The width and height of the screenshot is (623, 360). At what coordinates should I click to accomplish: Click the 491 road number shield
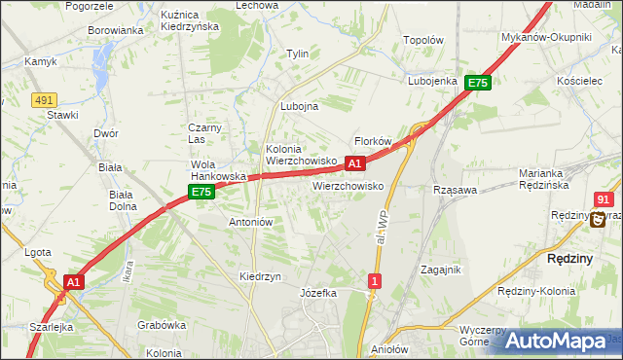point(43,99)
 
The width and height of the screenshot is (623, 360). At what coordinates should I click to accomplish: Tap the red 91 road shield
point(604,198)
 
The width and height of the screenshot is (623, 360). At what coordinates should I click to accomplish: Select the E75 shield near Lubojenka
point(477,84)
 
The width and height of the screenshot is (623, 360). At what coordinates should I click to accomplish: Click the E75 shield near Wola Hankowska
point(202,193)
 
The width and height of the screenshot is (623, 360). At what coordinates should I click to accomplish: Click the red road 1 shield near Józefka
point(374,280)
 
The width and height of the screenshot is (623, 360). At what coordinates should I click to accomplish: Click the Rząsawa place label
point(455,190)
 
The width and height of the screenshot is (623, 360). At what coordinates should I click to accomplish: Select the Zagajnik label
point(440,270)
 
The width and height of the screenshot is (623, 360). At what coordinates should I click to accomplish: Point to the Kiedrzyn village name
point(260,276)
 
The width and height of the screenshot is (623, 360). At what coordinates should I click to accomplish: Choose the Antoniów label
point(250,222)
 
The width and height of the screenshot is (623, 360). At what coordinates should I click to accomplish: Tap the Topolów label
point(423,42)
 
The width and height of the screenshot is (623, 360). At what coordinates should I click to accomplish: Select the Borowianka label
point(115,30)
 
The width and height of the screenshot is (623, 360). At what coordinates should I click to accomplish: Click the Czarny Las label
point(206,133)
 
